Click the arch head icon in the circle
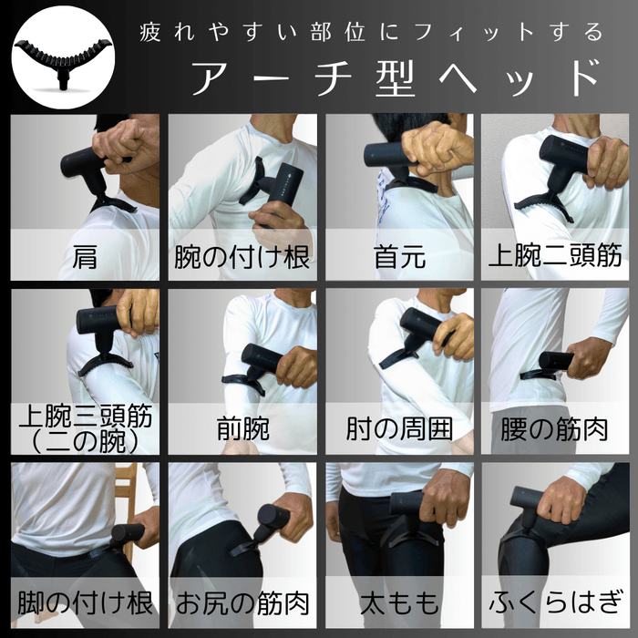tap(60, 58)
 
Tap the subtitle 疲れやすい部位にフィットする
tap(371, 33)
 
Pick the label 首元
tap(399, 256)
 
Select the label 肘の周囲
tap(399, 428)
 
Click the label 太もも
tap(399, 602)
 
